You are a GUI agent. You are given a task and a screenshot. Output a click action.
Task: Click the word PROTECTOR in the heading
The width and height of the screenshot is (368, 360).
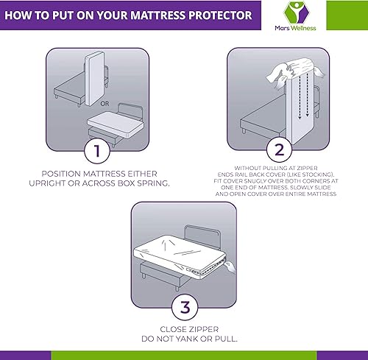tap(218, 15)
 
